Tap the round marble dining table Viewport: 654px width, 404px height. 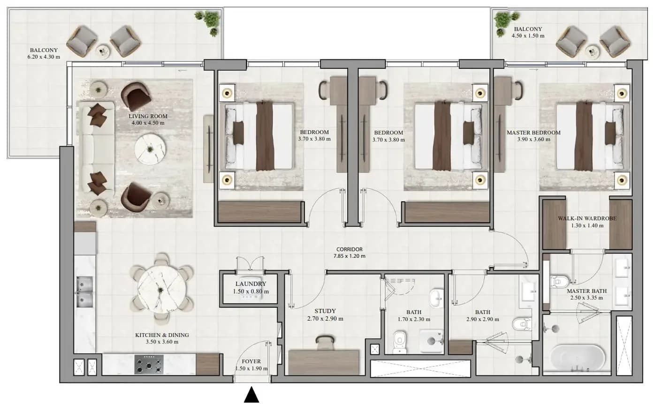[161, 290]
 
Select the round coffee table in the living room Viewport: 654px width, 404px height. [150, 150]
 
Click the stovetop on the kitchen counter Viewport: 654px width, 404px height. [149, 364]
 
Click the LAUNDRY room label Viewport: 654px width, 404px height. [251, 284]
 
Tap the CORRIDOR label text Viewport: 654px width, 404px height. [350, 249]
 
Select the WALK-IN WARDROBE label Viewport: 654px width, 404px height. [587, 218]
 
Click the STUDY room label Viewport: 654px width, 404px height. [325, 311]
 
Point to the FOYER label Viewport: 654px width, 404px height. [251, 362]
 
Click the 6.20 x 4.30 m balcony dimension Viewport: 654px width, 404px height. [44, 57]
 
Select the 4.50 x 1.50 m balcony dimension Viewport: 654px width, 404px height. [528, 36]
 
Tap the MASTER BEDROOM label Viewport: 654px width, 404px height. [533, 133]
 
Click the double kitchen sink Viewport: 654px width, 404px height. [84, 292]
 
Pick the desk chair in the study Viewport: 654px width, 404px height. [325, 343]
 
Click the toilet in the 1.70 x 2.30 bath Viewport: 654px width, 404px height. [399, 342]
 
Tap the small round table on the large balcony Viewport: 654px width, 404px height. [103, 52]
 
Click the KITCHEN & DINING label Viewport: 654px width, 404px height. [162, 335]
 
